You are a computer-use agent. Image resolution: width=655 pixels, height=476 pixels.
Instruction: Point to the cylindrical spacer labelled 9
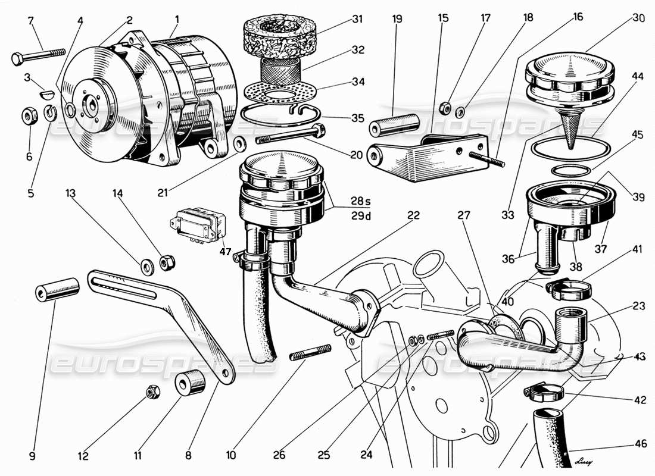tap(57, 289)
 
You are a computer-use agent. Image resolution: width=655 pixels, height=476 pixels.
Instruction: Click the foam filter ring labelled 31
tap(279, 32)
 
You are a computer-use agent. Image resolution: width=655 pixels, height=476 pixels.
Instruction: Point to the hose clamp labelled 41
tap(570, 289)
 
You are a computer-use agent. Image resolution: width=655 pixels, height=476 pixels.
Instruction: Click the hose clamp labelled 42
tap(543, 393)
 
